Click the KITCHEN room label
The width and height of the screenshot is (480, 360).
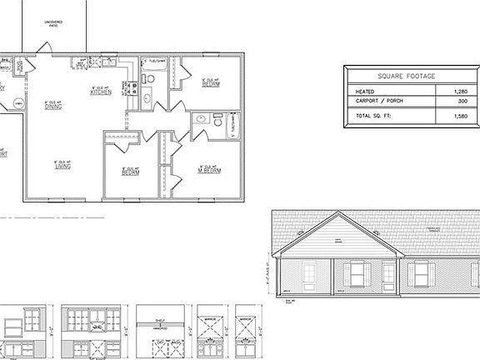[x=101, y=92]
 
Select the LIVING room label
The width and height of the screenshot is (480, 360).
[x=62, y=166]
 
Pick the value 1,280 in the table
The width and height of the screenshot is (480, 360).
[x=461, y=90]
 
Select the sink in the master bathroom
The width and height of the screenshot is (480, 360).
[x=201, y=120]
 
